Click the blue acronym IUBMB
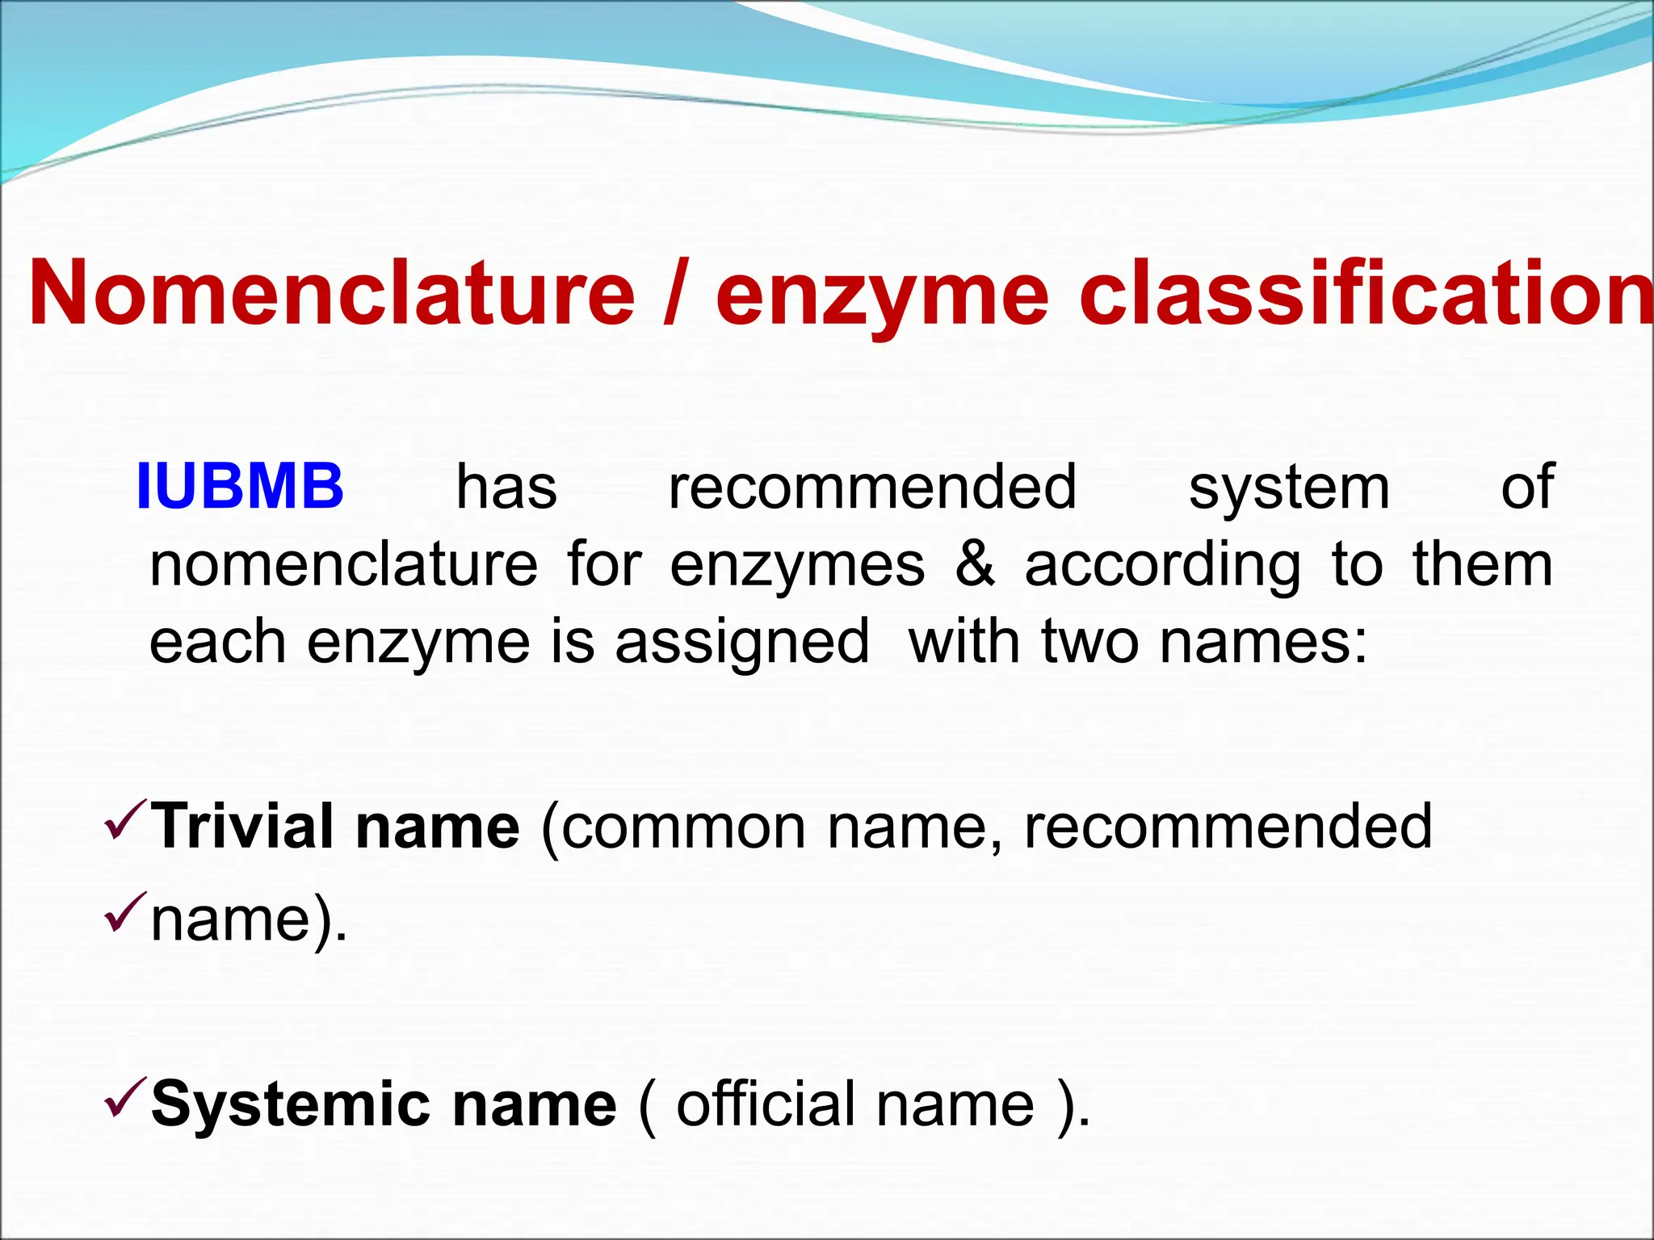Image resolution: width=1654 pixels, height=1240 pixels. [x=240, y=487]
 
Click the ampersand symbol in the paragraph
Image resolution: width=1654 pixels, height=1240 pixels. [x=975, y=564]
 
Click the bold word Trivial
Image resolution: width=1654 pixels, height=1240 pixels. [x=243, y=826]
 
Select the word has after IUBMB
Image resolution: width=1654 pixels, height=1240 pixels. [x=506, y=487]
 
